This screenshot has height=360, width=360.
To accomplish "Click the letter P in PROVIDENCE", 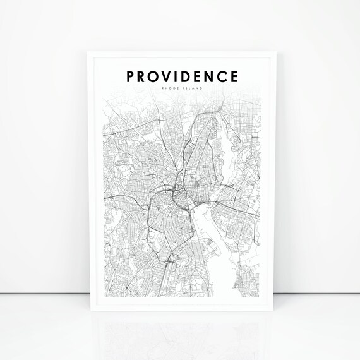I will [x=130, y=77].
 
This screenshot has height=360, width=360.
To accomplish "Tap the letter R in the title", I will [x=143, y=77].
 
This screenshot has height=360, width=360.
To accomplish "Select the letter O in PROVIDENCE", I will [x=156, y=77].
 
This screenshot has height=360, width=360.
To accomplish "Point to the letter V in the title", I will [x=170, y=77].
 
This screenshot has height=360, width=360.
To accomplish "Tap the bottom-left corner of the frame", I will [x=87, y=319].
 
